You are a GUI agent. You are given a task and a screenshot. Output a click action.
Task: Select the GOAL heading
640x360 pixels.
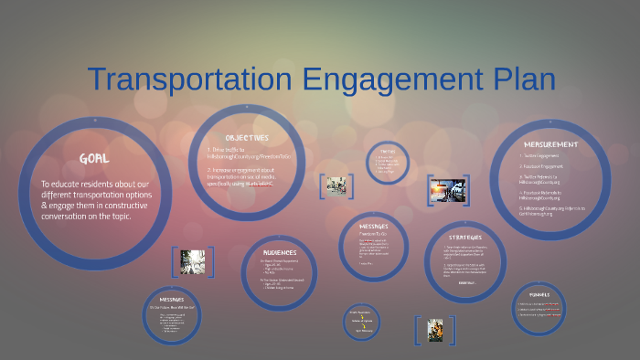[94, 158]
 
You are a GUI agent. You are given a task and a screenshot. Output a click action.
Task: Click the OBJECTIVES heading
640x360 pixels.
[247, 137]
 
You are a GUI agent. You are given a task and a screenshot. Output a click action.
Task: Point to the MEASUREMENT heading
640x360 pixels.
[550, 144]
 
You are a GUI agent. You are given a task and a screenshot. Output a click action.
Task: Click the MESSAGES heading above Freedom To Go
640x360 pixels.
[373, 227]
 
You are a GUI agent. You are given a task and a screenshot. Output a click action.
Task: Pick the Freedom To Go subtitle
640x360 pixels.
[373, 234]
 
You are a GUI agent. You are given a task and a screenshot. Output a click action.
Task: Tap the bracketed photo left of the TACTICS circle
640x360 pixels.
[336, 185]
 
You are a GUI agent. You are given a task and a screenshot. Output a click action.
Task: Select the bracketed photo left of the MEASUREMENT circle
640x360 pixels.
[448, 190]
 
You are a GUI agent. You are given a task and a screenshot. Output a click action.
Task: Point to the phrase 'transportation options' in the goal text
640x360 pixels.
[127, 195]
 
